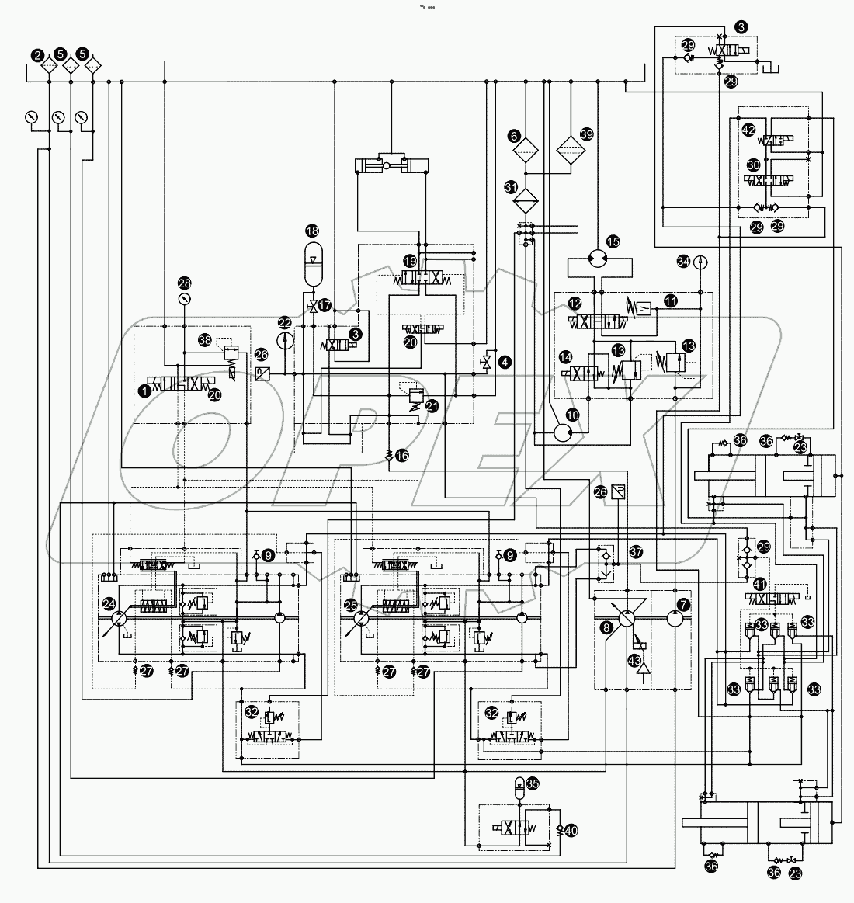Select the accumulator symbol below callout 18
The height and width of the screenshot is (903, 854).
click(312, 269)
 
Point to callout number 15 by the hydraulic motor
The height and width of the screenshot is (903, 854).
click(613, 242)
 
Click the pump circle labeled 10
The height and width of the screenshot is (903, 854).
click(561, 431)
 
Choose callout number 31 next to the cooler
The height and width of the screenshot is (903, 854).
click(511, 186)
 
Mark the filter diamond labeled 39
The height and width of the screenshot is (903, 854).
click(571, 151)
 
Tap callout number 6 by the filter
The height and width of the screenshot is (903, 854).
click(515, 136)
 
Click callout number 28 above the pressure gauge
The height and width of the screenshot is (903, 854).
click(184, 283)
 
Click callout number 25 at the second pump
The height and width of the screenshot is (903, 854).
click(351, 603)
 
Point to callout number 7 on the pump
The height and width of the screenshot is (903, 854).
click(683, 602)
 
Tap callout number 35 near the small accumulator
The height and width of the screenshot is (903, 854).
click(532, 783)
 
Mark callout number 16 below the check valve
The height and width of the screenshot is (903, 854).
click(401, 456)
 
